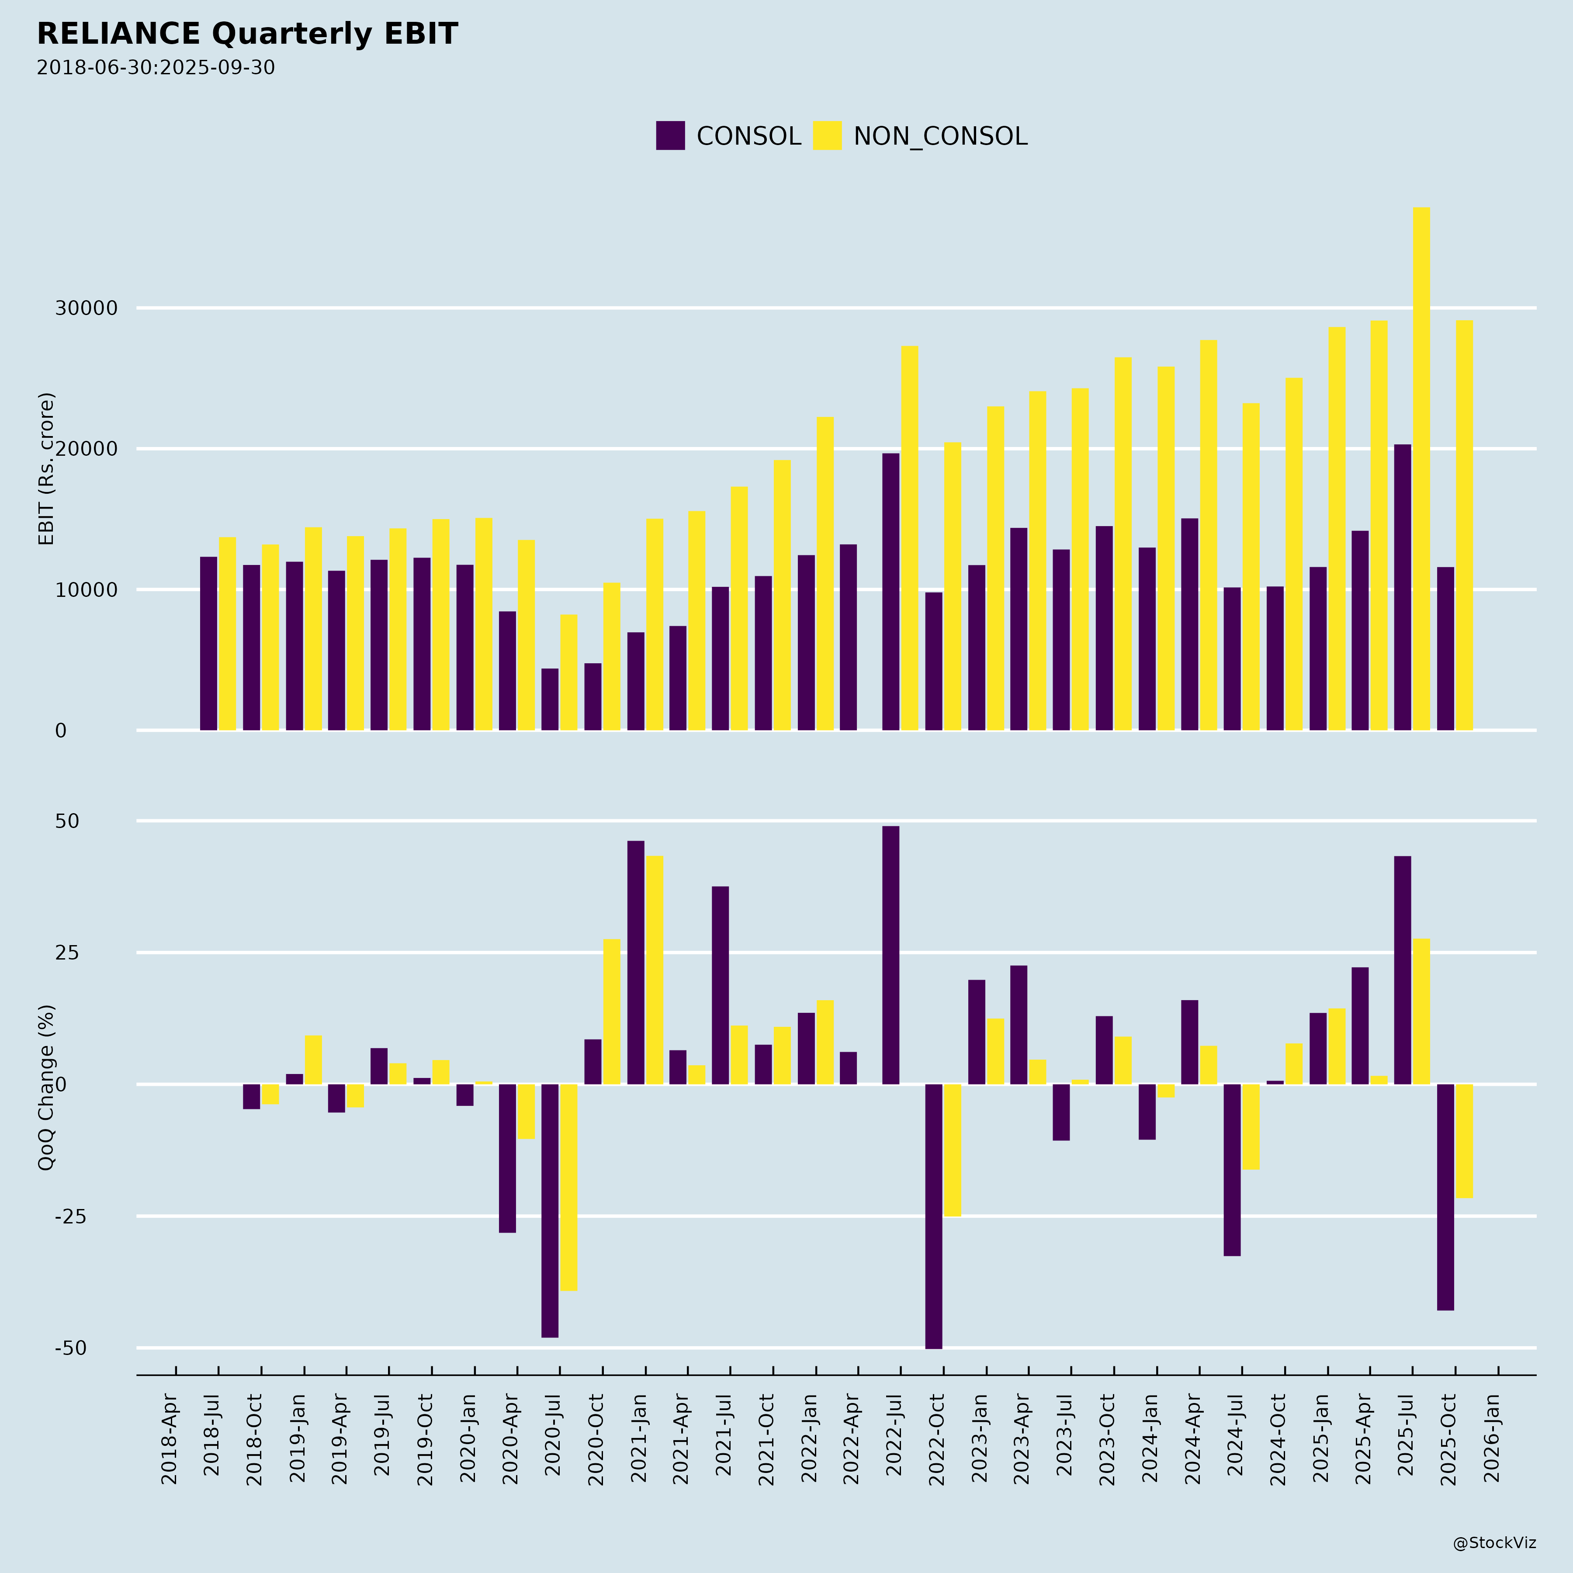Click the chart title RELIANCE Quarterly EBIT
(247, 34)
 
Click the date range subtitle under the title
(156, 68)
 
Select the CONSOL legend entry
(729, 136)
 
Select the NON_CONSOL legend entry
(921, 136)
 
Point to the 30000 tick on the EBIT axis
(87, 308)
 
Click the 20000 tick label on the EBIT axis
(87, 450)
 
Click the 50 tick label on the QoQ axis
(68, 821)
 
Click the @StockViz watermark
(1494, 1543)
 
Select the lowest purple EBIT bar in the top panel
(551, 700)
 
